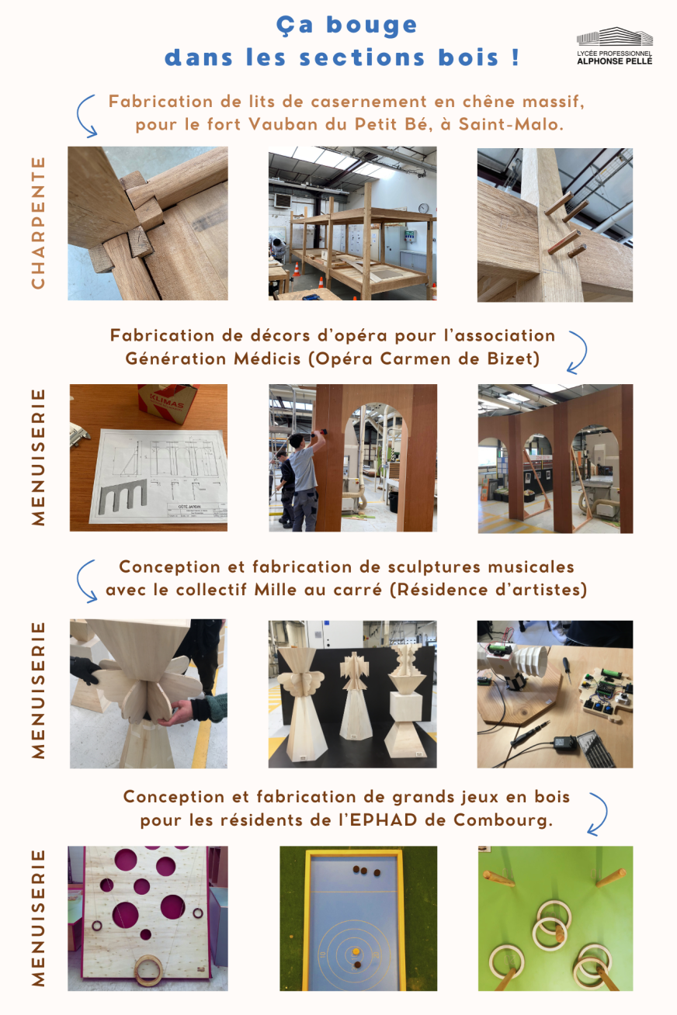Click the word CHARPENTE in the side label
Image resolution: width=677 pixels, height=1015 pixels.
(x=39, y=223)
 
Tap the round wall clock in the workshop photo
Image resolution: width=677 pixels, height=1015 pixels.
(x=423, y=208)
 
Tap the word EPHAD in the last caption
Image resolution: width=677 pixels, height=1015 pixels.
(x=384, y=820)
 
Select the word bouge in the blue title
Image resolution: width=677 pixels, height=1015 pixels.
(x=372, y=26)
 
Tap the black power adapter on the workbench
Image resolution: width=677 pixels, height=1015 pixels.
(x=565, y=742)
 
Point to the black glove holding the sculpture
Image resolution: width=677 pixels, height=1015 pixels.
(x=85, y=670)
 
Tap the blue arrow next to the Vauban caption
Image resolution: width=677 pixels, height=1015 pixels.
(x=86, y=116)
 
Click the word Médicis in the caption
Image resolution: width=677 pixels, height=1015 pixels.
(x=267, y=359)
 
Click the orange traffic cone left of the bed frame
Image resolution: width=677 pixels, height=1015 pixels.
(x=296, y=269)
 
